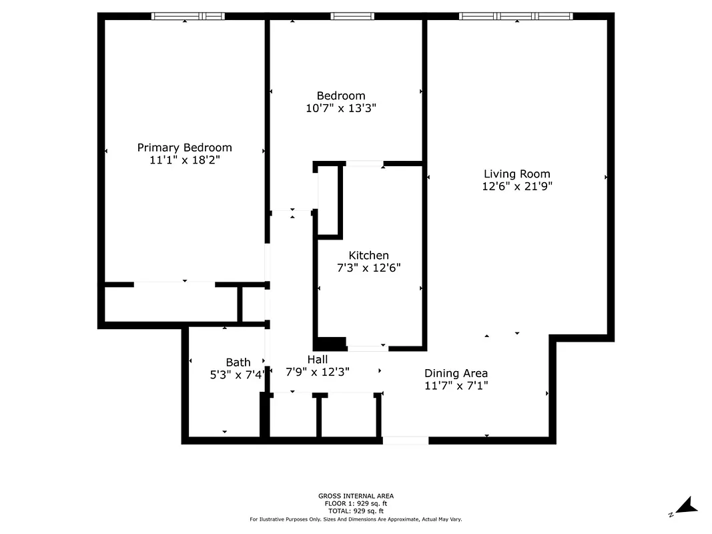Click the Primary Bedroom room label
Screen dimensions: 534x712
184,148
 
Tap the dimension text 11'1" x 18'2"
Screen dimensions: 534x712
184,160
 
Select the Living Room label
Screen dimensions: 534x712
516,174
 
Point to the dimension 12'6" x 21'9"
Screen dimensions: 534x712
516,187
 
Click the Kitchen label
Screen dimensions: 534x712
368,256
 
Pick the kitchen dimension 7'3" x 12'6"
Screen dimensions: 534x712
368,268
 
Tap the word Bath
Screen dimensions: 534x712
238,362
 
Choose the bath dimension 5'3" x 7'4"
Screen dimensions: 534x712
238,375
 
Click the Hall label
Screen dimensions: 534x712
317,360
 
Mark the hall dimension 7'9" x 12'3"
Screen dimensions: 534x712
317,372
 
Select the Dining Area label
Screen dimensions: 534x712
456,373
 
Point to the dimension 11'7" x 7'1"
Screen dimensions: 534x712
456,386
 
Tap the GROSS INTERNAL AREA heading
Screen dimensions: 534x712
356,496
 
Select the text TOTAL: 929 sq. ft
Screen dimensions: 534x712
356,511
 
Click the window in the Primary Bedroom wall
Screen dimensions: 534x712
188,16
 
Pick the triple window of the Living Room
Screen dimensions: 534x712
516,16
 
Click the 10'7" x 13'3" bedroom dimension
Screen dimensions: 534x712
341,108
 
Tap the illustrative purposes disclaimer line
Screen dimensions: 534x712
356,519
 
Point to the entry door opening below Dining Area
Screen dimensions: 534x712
405,441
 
